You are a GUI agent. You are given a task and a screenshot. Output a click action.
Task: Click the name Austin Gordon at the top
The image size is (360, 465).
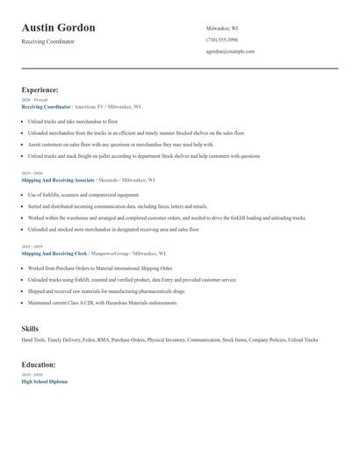tap(59, 28)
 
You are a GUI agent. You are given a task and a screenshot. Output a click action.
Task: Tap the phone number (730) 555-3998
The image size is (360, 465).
tap(221, 39)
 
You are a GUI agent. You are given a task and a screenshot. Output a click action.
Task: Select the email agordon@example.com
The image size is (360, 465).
tap(230, 51)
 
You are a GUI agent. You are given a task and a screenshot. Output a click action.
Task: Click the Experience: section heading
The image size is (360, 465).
tap(40, 89)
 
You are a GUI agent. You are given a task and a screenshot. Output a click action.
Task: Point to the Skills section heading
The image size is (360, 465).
tap(30, 328)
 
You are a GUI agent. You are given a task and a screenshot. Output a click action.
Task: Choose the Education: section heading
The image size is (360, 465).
tap(39, 364)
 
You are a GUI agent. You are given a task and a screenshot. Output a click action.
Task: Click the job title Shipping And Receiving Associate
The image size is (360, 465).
tap(57, 179)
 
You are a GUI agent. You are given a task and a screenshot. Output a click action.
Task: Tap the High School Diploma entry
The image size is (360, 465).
tap(44, 382)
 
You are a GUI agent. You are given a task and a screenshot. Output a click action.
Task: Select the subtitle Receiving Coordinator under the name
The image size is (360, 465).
tap(48, 41)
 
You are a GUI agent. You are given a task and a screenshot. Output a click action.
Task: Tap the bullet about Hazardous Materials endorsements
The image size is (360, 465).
tap(103, 303)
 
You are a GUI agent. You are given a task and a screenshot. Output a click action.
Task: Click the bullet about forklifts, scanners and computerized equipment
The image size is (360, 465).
tap(83, 194)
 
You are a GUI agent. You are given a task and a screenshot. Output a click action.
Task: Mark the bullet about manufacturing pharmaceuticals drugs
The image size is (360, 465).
tap(105, 291)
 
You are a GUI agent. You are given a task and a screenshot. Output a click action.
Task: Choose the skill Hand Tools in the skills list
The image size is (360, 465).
tap(33, 340)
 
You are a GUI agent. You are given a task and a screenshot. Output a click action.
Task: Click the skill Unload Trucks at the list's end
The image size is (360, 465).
tap(303, 340)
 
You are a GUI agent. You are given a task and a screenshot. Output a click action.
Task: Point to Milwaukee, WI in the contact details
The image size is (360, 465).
tap(221, 28)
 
